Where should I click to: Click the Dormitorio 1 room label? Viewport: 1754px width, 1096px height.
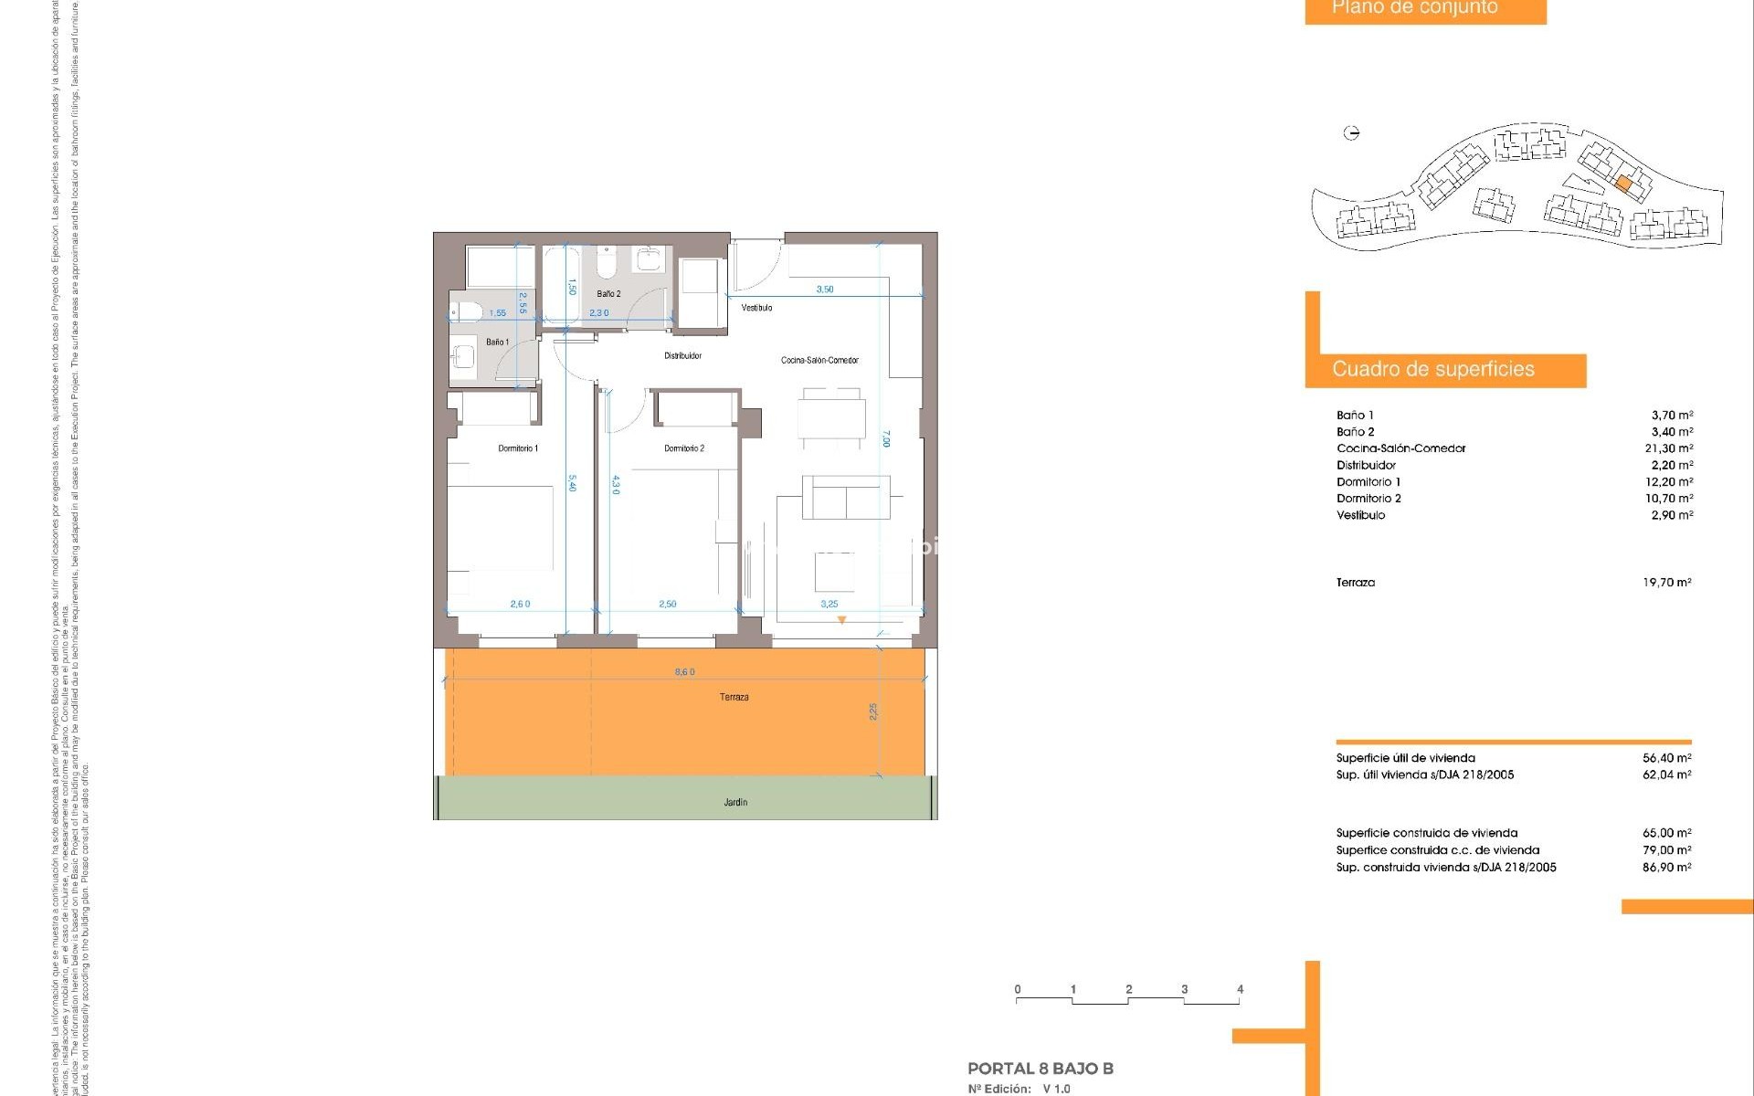pos(518,448)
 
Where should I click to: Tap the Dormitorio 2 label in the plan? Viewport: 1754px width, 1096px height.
pos(684,448)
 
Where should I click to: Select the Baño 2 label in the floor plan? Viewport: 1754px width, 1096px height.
pos(608,294)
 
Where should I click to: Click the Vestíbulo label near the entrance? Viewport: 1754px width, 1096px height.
pos(756,308)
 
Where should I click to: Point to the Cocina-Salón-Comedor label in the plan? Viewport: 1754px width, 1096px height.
pos(819,361)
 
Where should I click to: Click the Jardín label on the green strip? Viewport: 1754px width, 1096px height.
pos(735,803)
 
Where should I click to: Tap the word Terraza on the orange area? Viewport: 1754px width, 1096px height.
pos(734,698)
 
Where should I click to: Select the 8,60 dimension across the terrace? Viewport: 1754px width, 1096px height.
pos(685,672)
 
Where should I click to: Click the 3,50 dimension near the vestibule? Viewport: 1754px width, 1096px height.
pos(825,290)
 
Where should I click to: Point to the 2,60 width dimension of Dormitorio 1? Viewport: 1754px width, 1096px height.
pos(520,605)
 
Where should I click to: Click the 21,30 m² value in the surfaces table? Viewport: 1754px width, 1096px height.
pos(1668,448)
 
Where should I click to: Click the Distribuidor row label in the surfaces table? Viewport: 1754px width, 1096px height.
pos(1366,466)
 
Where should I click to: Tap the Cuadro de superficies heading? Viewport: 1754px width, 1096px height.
pos(1432,370)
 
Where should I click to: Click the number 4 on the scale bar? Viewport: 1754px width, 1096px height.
pos(1240,989)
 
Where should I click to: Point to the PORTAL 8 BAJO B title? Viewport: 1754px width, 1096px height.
pos(1041,1069)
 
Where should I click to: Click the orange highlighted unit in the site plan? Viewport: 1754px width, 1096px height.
pos(1623,184)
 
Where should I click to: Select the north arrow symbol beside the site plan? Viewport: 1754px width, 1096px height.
pos(1352,133)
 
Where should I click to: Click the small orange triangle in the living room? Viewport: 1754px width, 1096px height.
pos(842,620)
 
